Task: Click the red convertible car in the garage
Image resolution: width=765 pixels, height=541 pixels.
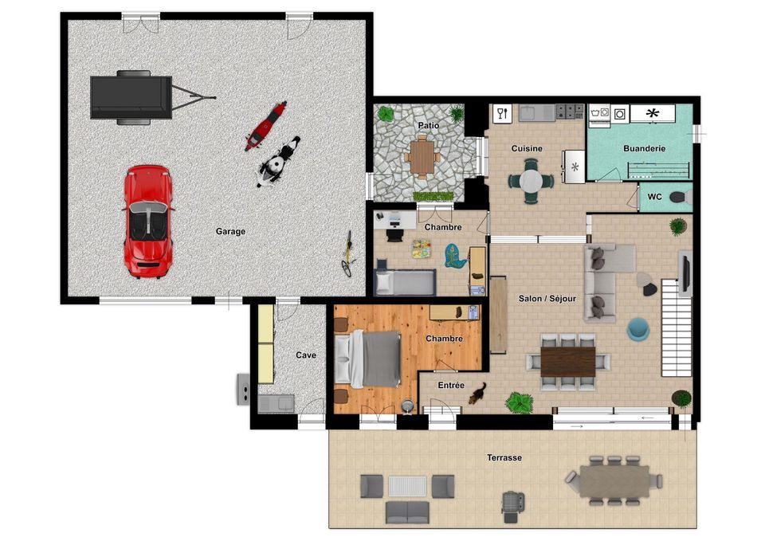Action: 147,221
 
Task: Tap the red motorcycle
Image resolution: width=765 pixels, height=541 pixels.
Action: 265,126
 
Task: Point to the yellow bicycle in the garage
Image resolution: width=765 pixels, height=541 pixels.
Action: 348,253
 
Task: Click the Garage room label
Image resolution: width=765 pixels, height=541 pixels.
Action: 230,231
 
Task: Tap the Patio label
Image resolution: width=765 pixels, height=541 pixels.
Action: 429,125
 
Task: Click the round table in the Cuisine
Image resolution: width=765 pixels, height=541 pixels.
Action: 531,182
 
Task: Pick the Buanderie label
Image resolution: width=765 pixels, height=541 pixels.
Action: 644,148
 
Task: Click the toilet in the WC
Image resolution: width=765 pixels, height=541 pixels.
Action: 680,197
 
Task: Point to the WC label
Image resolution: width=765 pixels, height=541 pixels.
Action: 655,197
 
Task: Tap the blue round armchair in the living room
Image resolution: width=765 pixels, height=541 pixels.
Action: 638,329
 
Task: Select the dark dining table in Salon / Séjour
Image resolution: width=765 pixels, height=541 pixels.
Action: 568,362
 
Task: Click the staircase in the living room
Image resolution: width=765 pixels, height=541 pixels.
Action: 677,327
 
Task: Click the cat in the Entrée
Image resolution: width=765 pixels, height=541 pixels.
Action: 477,393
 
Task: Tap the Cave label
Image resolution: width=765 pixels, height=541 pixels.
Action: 306,355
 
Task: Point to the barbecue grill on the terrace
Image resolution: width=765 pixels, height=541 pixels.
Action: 512,505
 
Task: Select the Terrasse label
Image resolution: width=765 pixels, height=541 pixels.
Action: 504,457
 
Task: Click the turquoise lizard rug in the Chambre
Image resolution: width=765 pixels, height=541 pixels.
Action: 455,256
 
